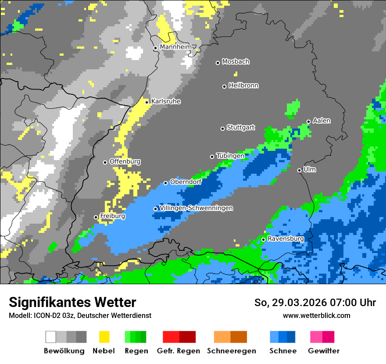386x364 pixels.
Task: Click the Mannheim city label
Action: [175, 47]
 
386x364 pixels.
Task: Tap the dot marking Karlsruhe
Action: [147, 102]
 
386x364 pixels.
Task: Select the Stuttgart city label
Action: [240, 128]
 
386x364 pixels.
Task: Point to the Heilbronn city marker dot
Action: [225, 86]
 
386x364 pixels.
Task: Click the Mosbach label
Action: [236, 62]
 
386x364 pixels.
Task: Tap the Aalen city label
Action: [322, 121]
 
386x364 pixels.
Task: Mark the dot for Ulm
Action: [300, 170]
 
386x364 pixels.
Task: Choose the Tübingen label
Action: [230, 156]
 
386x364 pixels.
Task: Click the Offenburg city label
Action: [125, 161]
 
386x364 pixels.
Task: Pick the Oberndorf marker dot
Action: [166, 183]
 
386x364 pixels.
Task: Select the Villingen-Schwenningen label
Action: [196, 208]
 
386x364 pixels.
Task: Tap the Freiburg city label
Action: [112, 216]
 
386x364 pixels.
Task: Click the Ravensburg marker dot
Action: [263, 239]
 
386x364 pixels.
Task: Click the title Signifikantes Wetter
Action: [72, 303]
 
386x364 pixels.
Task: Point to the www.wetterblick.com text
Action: [316, 315]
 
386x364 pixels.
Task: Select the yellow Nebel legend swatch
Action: [104, 337]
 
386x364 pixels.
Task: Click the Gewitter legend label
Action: [323, 351]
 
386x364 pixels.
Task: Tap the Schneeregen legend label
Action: [231, 351]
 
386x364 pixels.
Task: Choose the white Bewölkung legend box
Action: [51, 337]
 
